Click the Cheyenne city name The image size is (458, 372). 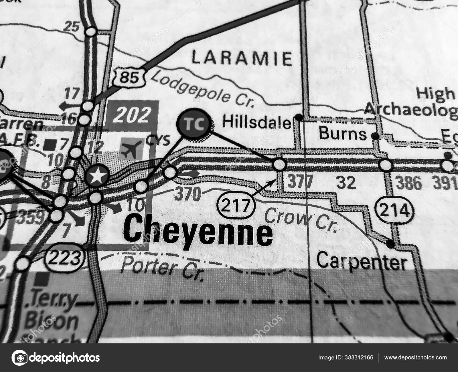point(199,232)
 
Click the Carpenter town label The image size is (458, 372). point(362,262)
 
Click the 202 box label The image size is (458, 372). point(132,114)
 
